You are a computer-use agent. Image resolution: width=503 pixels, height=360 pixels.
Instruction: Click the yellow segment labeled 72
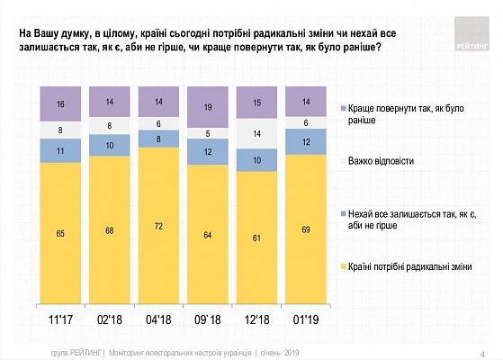click(x=158, y=225)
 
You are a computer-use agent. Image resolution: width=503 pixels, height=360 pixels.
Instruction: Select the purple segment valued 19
click(x=208, y=107)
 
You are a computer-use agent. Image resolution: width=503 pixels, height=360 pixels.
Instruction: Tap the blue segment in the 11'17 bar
click(x=60, y=151)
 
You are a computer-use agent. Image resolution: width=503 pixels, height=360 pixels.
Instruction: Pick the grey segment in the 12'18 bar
click(x=256, y=133)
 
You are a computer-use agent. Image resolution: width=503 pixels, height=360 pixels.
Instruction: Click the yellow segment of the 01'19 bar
click(x=306, y=229)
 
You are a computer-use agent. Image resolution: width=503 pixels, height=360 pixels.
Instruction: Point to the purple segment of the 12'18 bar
click(x=256, y=103)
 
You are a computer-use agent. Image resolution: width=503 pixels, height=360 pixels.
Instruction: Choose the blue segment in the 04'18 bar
click(x=158, y=139)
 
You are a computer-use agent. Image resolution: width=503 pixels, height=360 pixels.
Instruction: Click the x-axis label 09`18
click(x=208, y=319)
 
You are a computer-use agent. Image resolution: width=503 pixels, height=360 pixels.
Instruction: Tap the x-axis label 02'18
click(x=110, y=319)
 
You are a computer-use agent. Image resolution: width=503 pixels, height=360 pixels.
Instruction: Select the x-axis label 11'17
click(x=60, y=319)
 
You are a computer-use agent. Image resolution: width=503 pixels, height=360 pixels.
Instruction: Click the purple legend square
click(x=343, y=109)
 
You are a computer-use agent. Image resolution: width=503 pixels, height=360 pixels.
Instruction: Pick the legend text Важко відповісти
click(x=381, y=161)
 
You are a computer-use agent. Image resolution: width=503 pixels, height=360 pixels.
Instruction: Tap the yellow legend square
click(x=343, y=266)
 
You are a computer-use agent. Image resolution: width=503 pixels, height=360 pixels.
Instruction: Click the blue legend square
click(x=343, y=213)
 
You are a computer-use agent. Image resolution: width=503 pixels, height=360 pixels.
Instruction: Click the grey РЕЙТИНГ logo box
click(x=472, y=33)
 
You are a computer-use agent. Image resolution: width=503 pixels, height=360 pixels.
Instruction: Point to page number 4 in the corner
click(x=482, y=355)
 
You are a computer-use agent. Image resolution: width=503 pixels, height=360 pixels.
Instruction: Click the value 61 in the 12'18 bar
click(x=256, y=238)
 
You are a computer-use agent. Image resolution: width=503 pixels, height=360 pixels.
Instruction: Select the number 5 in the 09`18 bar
click(x=208, y=133)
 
